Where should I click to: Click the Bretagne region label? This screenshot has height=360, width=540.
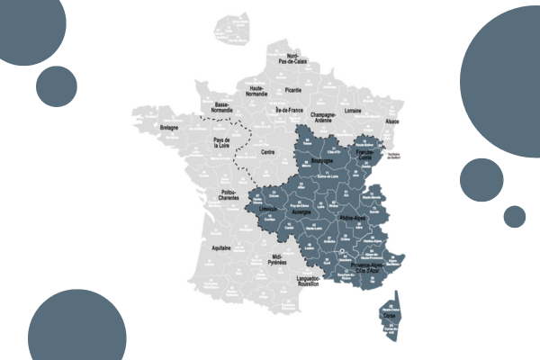[170, 129]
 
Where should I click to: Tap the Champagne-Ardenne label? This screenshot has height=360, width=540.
[329, 118]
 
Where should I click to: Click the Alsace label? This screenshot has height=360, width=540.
[392, 121]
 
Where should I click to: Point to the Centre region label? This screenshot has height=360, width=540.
[267, 152]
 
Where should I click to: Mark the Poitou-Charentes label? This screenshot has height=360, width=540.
[236, 196]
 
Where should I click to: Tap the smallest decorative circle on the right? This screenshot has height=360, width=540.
[514, 217]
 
